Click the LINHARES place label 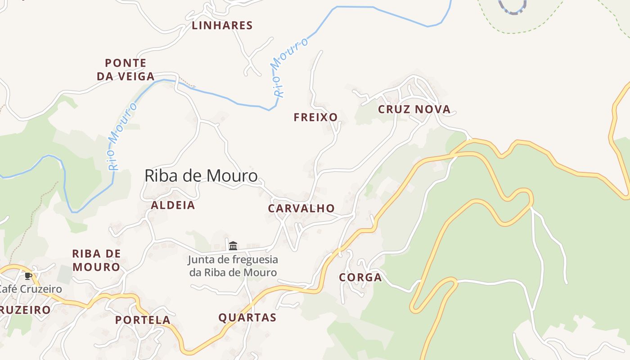[x=222, y=26]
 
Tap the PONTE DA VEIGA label [x=126, y=70]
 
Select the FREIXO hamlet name [x=315, y=117]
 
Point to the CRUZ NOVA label [x=414, y=109]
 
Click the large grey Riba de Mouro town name [x=201, y=176]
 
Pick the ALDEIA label [x=173, y=206]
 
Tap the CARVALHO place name [x=301, y=208]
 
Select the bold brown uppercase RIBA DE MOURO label [x=96, y=261]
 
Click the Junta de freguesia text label [x=233, y=266]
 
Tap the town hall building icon [x=233, y=246]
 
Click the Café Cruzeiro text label [x=31, y=289]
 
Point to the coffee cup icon [x=28, y=276]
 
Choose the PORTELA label [x=143, y=320]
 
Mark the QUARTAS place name [x=247, y=318]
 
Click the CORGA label [x=360, y=278]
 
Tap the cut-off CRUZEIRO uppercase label [x=25, y=310]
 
